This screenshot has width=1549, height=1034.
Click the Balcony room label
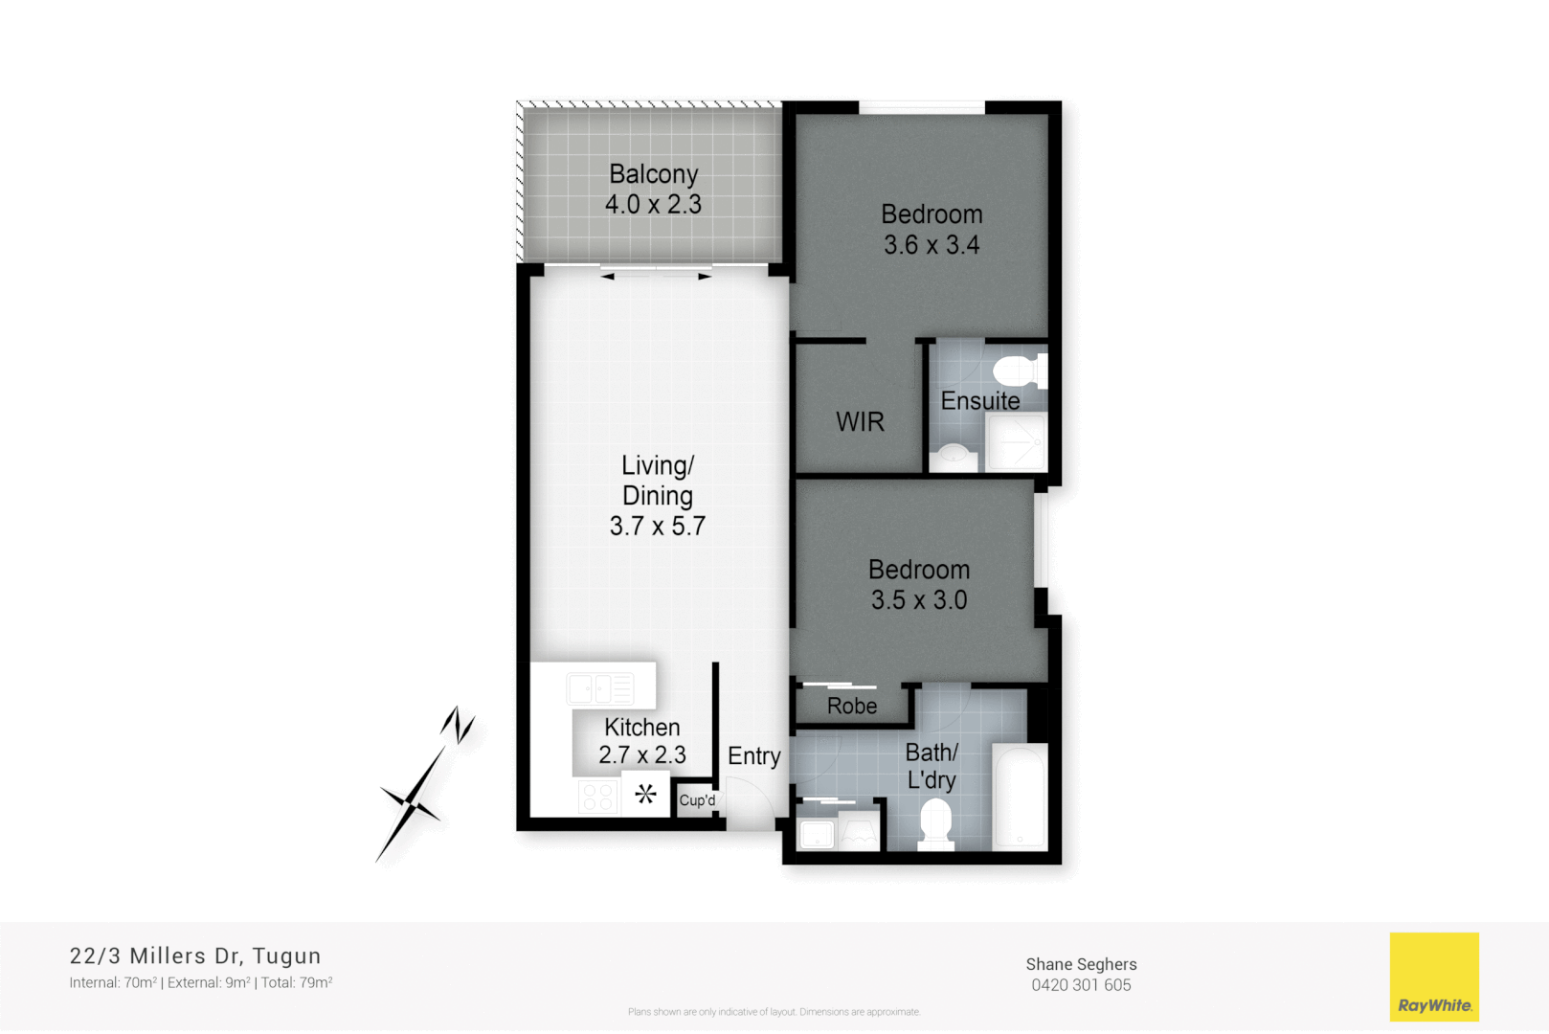click(654, 174)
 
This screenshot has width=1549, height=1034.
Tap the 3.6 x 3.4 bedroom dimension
click(932, 245)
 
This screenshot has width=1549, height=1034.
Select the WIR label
click(860, 422)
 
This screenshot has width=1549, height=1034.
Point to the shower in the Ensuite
click(1017, 442)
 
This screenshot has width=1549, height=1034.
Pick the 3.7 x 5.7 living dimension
click(658, 527)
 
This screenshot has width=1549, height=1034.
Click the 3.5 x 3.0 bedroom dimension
click(919, 600)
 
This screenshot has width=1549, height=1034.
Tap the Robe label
click(852, 707)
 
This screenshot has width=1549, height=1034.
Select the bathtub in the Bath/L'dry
click(1019, 797)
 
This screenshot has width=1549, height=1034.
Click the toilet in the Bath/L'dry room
click(935, 824)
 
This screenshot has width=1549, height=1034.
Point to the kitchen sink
click(600, 688)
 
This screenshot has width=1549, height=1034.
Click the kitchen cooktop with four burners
click(598, 797)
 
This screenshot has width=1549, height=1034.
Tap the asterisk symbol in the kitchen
click(646, 794)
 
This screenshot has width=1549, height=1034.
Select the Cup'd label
click(697, 800)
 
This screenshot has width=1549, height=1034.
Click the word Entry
click(754, 756)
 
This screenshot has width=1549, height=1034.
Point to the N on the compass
click(459, 725)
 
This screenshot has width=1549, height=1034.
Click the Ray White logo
click(1434, 977)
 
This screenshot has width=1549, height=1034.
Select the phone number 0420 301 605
click(1081, 985)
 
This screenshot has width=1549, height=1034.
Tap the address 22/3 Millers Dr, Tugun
click(195, 955)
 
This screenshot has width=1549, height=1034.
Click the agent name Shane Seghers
click(1081, 964)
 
